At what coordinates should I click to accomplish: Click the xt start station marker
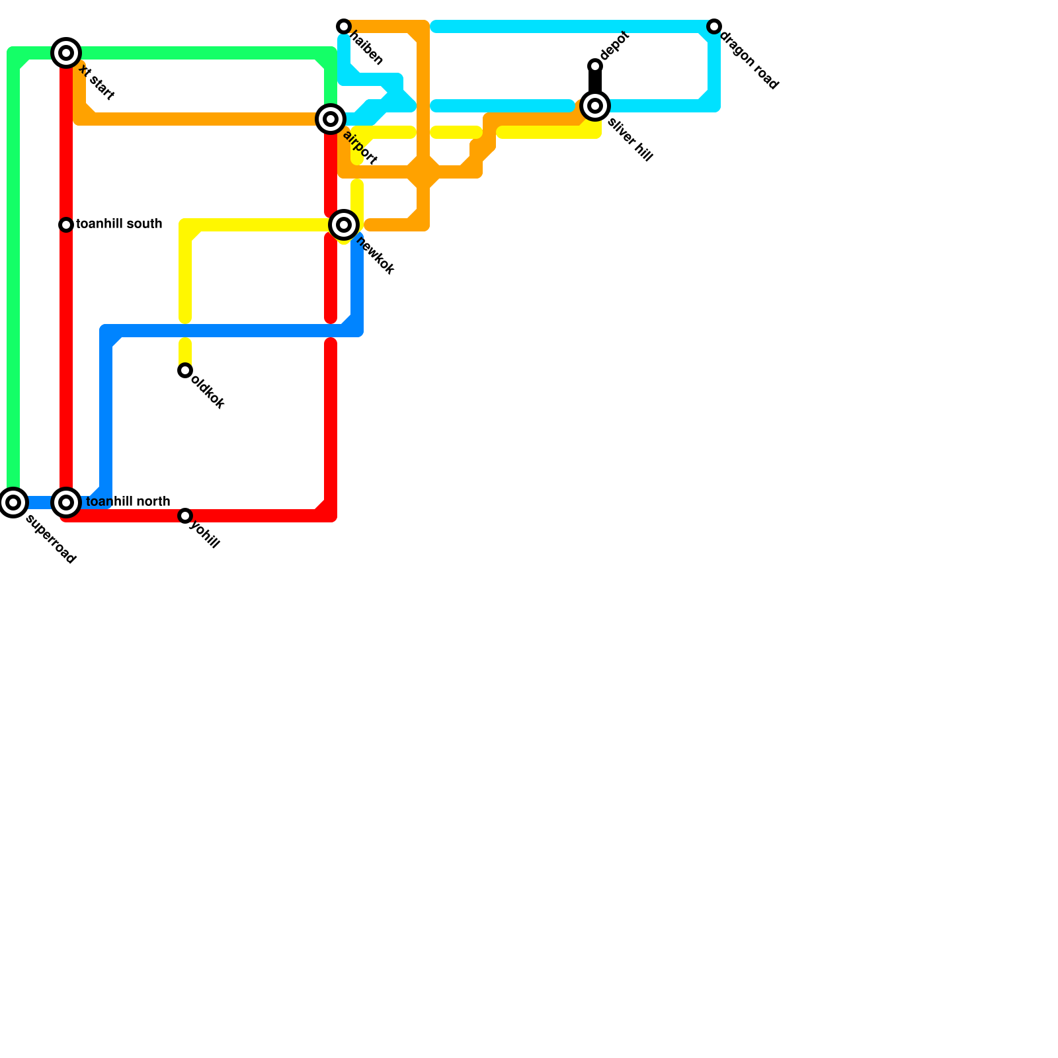66,53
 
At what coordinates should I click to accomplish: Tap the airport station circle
331,119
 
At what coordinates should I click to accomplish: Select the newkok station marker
344,225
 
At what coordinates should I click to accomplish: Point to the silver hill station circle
595,106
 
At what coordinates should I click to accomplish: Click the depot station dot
595,66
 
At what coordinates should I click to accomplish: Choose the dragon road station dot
714,26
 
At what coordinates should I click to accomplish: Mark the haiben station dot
344,26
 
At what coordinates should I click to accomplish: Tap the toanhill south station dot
66,225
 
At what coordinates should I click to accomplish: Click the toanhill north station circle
66,503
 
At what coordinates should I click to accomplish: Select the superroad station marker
13,503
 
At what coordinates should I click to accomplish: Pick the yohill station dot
185,516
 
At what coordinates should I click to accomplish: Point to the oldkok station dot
185,370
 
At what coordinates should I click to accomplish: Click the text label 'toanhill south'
119,224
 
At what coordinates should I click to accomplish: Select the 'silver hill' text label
630,140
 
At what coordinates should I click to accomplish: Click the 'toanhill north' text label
128,502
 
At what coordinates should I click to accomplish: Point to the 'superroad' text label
51,539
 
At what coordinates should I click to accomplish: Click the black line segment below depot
595,83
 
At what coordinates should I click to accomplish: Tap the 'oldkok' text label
208,392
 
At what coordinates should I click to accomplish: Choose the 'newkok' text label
375,255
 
